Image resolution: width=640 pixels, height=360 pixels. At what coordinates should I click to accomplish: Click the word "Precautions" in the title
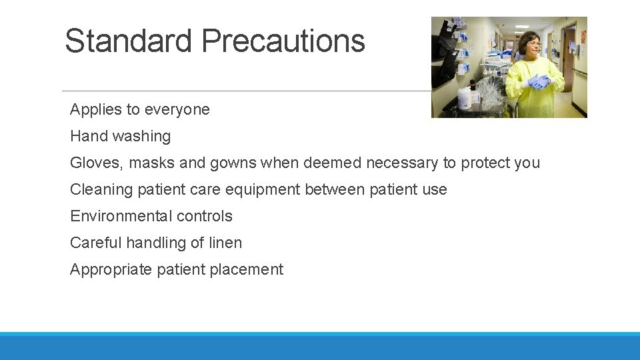283,41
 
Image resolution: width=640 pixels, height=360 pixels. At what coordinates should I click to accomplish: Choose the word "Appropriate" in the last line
111,269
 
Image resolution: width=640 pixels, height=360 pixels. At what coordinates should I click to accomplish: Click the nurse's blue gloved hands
539,82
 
